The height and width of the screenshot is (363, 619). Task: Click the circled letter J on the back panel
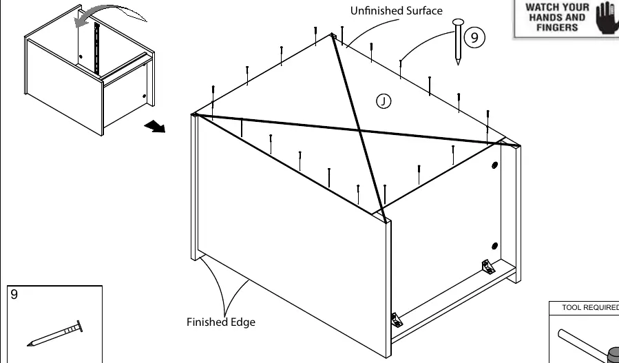click(x=384, y=101)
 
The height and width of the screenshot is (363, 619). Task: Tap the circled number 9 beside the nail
click(x=474, y=37)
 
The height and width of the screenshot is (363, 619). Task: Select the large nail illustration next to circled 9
click(x=458, y=41)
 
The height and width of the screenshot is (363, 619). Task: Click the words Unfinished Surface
click(x=397, y=10)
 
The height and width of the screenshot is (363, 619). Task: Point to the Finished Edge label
click(x=220, y=322)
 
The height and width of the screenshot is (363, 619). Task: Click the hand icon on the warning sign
click(x=607, y=18)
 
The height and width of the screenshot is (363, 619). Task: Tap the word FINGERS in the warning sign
click(x=557, y=28)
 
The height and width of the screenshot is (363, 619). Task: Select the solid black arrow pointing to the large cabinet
click(x=155, y=127)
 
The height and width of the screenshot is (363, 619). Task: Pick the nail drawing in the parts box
click(x=55, y=333)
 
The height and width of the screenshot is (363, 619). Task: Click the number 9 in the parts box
click(x=14, y=294)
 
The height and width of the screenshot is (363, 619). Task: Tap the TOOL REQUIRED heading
click(x=590, y=307)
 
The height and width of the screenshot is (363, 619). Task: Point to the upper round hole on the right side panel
click(x=494, y=165)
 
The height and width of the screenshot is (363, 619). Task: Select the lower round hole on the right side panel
click(x=494, y=246)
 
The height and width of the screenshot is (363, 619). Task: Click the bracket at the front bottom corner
click(x=397, y=320)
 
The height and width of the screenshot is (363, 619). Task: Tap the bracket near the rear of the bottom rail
click(x=488, y=267)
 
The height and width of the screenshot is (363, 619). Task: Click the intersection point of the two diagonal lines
click(x=359, y=129)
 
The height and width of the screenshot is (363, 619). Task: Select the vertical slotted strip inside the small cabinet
click(x=96, y=48)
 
